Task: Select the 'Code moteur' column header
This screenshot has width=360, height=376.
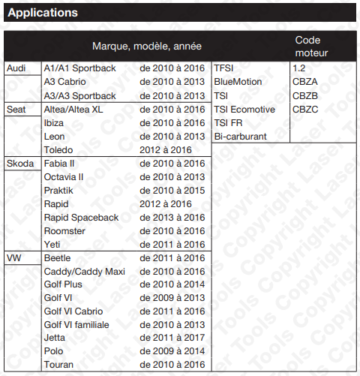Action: [311, 46]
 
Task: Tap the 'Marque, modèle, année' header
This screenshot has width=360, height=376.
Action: [146, 47]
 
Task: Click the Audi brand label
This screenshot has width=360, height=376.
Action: [16, 68]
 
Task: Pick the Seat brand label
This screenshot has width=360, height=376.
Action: [16, 109]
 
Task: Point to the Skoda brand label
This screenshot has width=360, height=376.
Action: [19, 163]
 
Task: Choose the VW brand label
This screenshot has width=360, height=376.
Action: [14, 257]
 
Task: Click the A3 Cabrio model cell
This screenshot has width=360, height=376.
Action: [66, 82]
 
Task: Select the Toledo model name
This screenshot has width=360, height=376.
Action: [60, 149]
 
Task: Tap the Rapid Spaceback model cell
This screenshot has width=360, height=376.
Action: [81, 217]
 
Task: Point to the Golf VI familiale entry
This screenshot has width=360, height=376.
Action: [76, 325]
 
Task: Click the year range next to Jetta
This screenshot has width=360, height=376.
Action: [172, 338]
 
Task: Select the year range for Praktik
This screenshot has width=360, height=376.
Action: [172, 190]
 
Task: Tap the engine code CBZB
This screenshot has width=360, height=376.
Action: [305, 95]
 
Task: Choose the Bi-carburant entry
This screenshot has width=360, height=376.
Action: [240, 136]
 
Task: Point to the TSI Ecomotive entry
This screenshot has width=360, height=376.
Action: [244, 109]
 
